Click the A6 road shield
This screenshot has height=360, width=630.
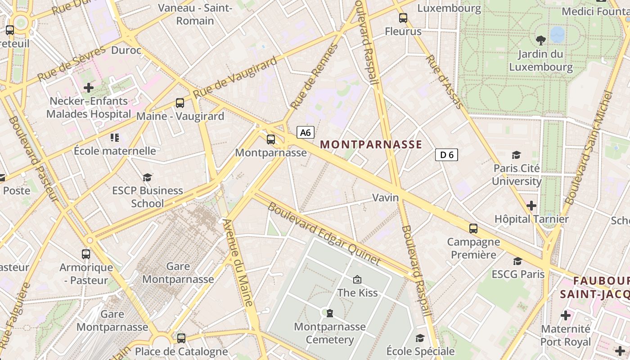[x=305, y=132]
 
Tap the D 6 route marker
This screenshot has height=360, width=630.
[x=446, y=155]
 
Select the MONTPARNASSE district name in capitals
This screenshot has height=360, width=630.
[x=371, y=144]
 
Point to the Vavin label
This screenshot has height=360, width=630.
[x=385, y=198]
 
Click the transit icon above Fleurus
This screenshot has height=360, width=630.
[x=403, y=18]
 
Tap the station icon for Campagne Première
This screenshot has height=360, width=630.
[x=473, y=229]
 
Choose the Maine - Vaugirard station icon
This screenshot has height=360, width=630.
[x=180, y=103]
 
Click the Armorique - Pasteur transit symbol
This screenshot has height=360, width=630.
[x=86, y=254]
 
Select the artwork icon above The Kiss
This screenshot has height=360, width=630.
[x=357, y=279]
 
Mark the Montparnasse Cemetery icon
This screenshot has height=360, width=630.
[x=330, y=313]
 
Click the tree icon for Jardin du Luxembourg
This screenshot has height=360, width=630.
[x=540, y=40]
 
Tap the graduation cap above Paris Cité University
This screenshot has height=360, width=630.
[x=516, y=155]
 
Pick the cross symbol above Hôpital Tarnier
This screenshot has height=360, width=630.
[x=531, y=206]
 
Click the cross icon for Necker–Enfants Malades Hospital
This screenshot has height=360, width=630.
[x=89, y=88]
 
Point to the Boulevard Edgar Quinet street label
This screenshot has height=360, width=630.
[x=324, y=234]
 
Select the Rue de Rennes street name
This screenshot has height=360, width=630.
[x=314, y=77]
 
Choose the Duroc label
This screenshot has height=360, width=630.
[x=126, y=50]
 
